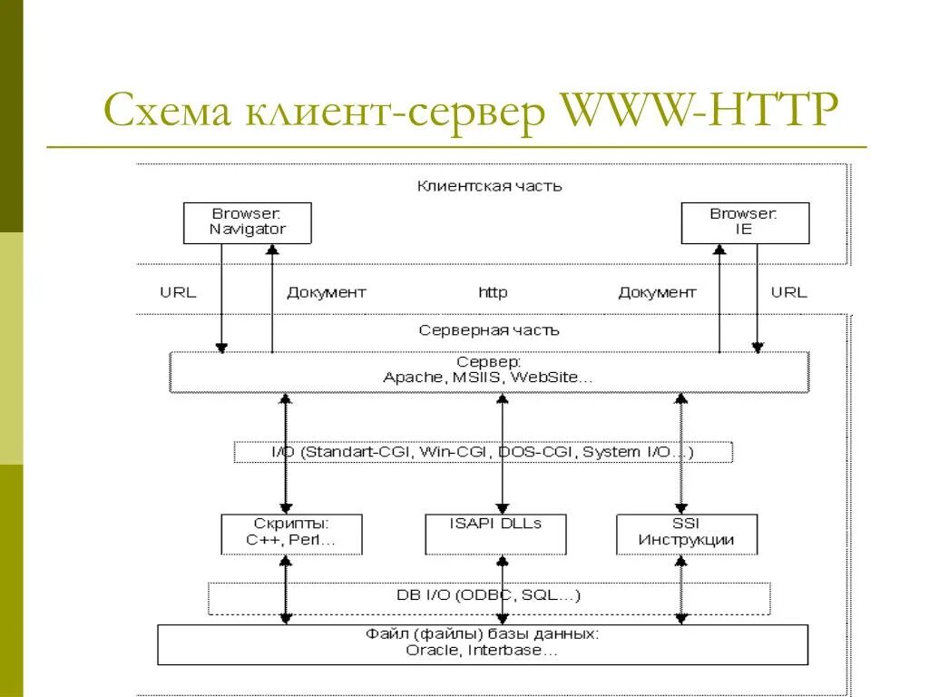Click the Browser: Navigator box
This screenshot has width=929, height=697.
pos(247,222)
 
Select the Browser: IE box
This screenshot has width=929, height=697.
pos(744,222)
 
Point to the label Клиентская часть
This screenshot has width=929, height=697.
pos(489,186)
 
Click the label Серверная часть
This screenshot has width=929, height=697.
pos(489,330)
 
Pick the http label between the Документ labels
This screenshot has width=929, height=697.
pos(493,292)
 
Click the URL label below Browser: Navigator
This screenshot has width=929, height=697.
pos(178,292)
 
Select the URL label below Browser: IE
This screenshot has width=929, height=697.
pos(788,292)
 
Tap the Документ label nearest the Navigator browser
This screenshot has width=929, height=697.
pos(327,292)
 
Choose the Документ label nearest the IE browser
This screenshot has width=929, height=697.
pos(657,292)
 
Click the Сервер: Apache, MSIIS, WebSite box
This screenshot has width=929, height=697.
pos(489,371)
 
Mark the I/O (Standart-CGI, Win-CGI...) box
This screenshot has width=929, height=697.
pos(483,451)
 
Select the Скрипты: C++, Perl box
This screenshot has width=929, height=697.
pos(291,534)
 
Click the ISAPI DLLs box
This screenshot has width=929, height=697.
pos(495,534)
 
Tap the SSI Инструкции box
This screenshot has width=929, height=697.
pos(686,534)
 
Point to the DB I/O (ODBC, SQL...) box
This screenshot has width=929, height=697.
pos(489,596)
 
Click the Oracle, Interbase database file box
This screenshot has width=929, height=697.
pos(483,643)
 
